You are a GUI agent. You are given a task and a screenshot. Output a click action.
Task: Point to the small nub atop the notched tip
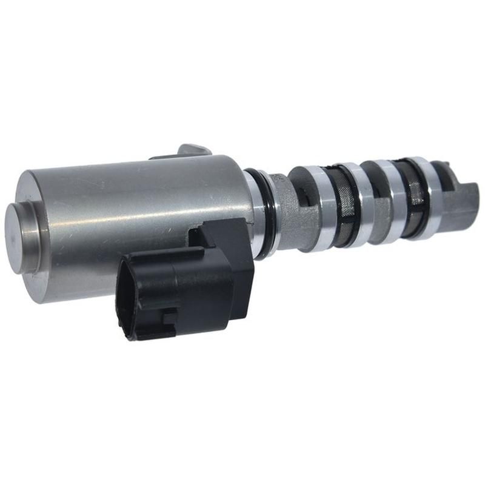click(x=446, y=166)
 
